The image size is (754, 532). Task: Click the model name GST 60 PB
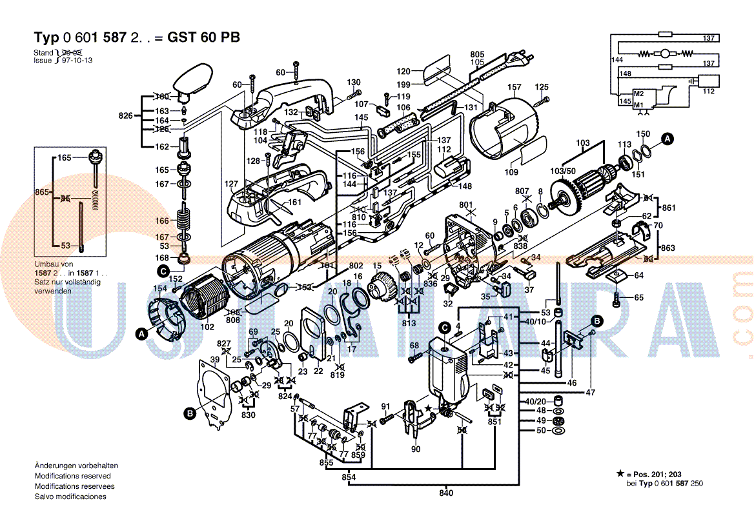click(x=203, y=37)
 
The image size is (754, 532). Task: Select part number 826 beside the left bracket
click(x=125, y=116)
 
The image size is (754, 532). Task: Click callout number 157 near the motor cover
click(x=514, y=87)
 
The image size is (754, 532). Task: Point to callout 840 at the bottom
click(x=446, y=493)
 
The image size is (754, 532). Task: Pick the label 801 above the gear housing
click(x=466, y=205)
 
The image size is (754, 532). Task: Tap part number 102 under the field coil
click(x=207, y=326)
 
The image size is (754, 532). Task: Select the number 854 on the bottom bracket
click(x=349, y=477)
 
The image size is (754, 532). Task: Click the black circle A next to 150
click(x=669, y=137)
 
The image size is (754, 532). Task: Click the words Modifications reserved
click(x=72, y=476)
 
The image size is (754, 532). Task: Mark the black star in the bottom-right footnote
click(x=620, y=473)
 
